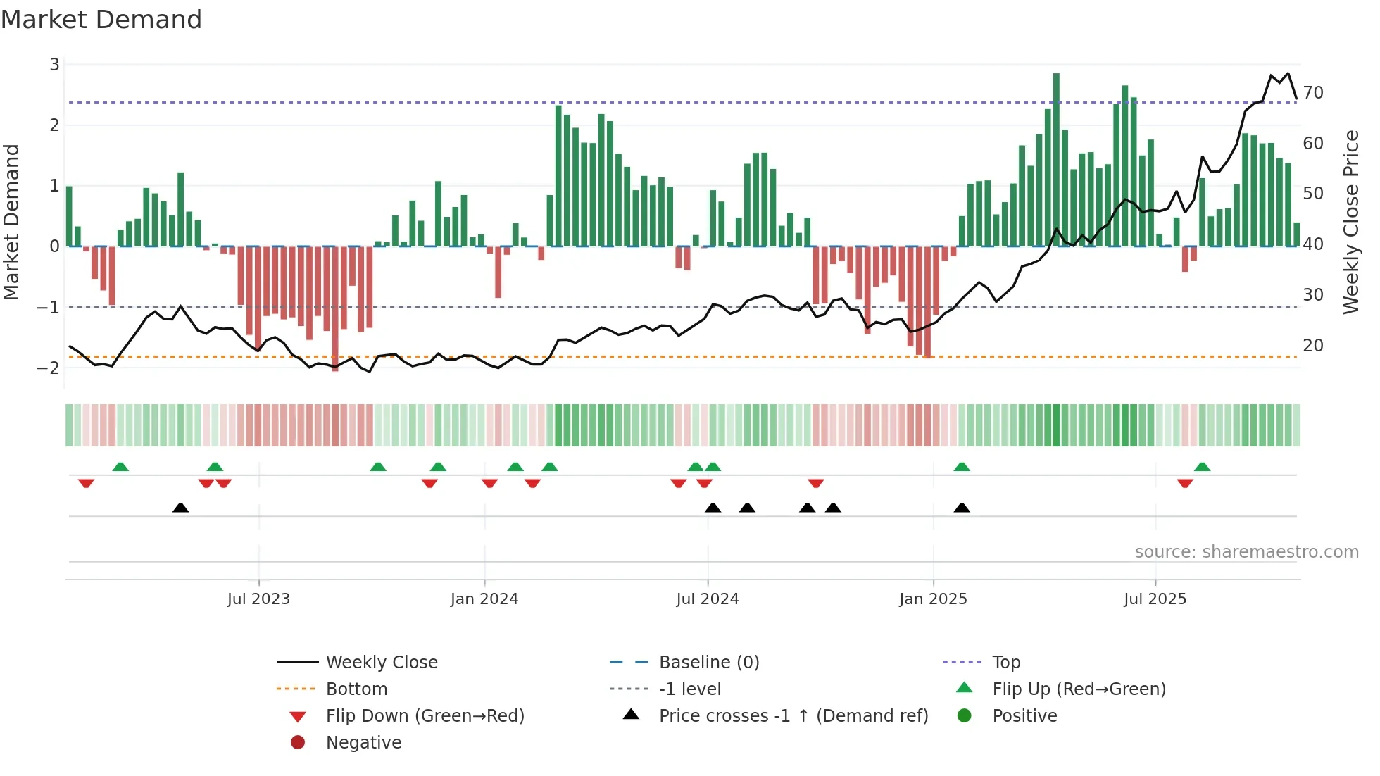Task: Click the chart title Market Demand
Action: point(101,20)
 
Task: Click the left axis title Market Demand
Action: point(11,222)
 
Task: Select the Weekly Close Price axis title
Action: point(1350,222)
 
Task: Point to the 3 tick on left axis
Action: point(54,65)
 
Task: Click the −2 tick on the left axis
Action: point(49,368)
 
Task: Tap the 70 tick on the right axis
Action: point(1312,93)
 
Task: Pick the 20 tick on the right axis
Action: point(1312,346)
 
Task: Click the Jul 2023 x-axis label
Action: point(258,599)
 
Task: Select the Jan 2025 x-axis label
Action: point(933,599)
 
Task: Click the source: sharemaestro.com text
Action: point(1246,552)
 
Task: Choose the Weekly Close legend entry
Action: point(381,663)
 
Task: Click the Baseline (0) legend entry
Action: point(708,663)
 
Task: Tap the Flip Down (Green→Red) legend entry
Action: point(425,716)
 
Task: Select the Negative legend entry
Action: point(363,743)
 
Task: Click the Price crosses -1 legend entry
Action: point(793,716)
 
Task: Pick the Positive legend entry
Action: point(1024,716)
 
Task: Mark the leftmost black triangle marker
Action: point(181,508)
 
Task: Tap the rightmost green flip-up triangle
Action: point(1202,467)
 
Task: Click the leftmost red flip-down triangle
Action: point(86,483)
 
